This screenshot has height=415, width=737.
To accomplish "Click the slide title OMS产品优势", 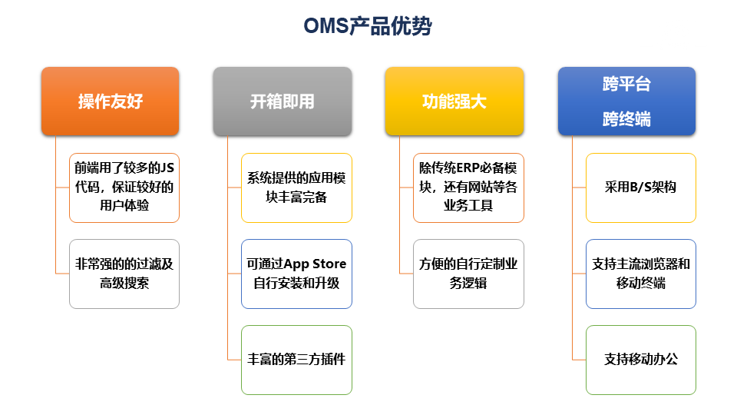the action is (368, 26).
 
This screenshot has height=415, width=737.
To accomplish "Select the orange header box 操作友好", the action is (110, 101).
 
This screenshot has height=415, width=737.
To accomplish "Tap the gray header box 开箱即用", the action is (283, 101).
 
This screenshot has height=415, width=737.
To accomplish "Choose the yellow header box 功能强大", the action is (454, 101).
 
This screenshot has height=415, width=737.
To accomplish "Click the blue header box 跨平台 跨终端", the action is (626, 101).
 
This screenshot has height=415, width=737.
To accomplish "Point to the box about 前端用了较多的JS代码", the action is (124, 188).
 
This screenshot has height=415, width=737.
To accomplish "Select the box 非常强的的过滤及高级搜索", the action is (124, 274).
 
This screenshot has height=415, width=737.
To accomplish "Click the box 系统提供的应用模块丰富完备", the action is (296, 188).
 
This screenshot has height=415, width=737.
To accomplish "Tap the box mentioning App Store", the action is (296, 274).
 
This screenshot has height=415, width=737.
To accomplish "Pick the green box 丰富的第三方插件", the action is (296, 360).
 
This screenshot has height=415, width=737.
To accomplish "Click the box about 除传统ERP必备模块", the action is (468, 188).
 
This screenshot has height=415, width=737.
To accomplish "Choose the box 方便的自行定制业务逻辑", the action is (468, 274).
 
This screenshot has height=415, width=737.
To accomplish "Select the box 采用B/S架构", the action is (640, 188).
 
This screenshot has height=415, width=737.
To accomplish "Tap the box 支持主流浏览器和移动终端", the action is (640, 274).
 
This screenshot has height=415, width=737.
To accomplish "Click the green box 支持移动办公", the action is (640, 360).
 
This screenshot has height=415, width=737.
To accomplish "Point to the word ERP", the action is (468, 168).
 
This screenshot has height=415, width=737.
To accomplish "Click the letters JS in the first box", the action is (167, 168).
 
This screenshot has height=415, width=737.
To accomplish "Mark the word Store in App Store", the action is (329, 264).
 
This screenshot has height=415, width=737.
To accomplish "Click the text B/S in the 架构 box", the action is (640, 188).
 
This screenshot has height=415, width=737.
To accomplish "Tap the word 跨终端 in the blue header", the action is (626, 119).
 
